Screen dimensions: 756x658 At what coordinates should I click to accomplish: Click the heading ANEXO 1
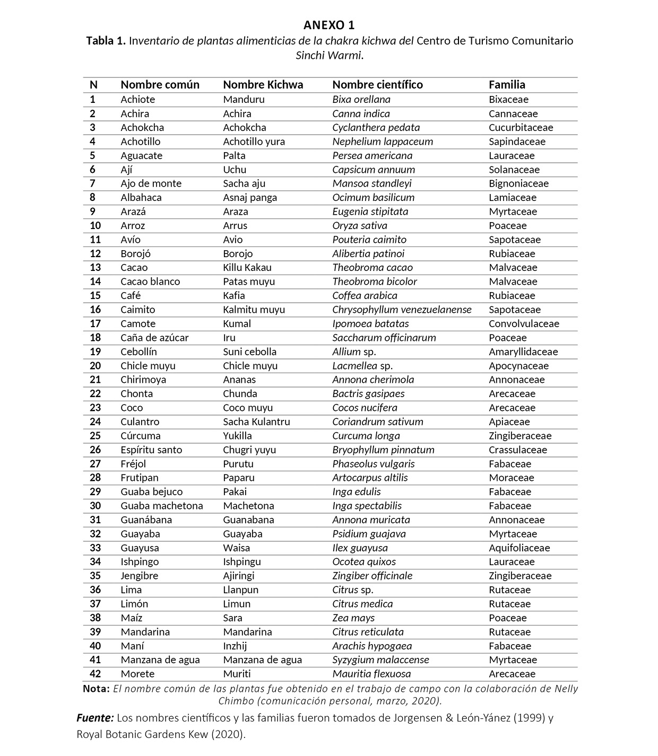pos(329,25)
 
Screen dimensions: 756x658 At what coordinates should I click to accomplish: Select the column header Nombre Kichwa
pos(263,85)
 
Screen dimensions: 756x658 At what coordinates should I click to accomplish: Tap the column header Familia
pos(507,85)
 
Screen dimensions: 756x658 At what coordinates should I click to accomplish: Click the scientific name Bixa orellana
pos(361,100)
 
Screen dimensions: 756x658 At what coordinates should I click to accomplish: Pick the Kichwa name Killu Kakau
pos(247,268)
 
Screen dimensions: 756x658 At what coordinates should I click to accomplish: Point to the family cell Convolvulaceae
pos(524,324)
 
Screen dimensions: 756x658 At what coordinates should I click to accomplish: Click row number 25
pos(95,436)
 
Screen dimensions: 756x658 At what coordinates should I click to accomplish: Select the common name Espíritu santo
pos(151,450)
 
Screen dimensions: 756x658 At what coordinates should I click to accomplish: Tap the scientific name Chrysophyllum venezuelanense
pos(402,310)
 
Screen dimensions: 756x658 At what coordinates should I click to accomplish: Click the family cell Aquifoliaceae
pos(519,548)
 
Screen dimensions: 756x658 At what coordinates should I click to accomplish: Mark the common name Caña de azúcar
pos(154,338)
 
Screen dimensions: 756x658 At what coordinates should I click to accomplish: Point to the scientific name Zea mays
pos(353,618)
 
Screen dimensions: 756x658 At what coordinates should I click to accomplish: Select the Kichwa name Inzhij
pos(235,646)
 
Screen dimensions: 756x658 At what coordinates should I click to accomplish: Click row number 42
pos(95,674)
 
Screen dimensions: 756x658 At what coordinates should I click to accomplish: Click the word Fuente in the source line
pos(95,718)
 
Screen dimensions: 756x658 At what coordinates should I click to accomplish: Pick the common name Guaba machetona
pos(161,506)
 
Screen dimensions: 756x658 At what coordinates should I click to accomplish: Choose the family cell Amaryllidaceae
pos(523,352)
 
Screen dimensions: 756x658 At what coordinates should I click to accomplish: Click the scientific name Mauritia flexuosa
pos(371,674)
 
